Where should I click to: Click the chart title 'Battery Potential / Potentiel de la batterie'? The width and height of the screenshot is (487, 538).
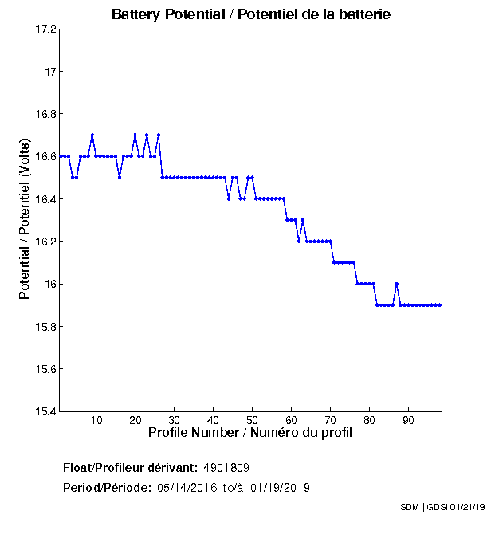251,14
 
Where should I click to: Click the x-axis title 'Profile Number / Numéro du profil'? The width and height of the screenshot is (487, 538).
250,433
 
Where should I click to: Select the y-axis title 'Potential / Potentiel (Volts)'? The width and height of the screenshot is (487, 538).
25,221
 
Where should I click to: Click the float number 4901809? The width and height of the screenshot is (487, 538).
232,467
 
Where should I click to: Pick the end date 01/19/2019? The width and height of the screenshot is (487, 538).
281,488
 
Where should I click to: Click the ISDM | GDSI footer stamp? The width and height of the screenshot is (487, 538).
440,507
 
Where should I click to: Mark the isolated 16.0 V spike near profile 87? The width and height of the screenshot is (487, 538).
396,284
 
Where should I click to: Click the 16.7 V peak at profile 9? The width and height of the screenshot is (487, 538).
92,135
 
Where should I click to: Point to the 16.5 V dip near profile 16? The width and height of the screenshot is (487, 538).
120,177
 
